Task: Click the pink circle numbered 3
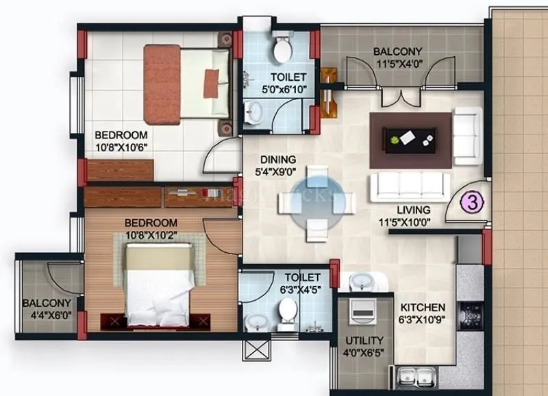(471, 202)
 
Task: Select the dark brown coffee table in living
(410, 139)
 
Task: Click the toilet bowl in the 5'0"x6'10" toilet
(281, 48)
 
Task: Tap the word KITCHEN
(423, 307)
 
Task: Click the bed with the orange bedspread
(186, 82)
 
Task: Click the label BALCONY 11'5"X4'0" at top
(397, 58)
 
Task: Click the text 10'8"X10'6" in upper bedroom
(121, 147)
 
